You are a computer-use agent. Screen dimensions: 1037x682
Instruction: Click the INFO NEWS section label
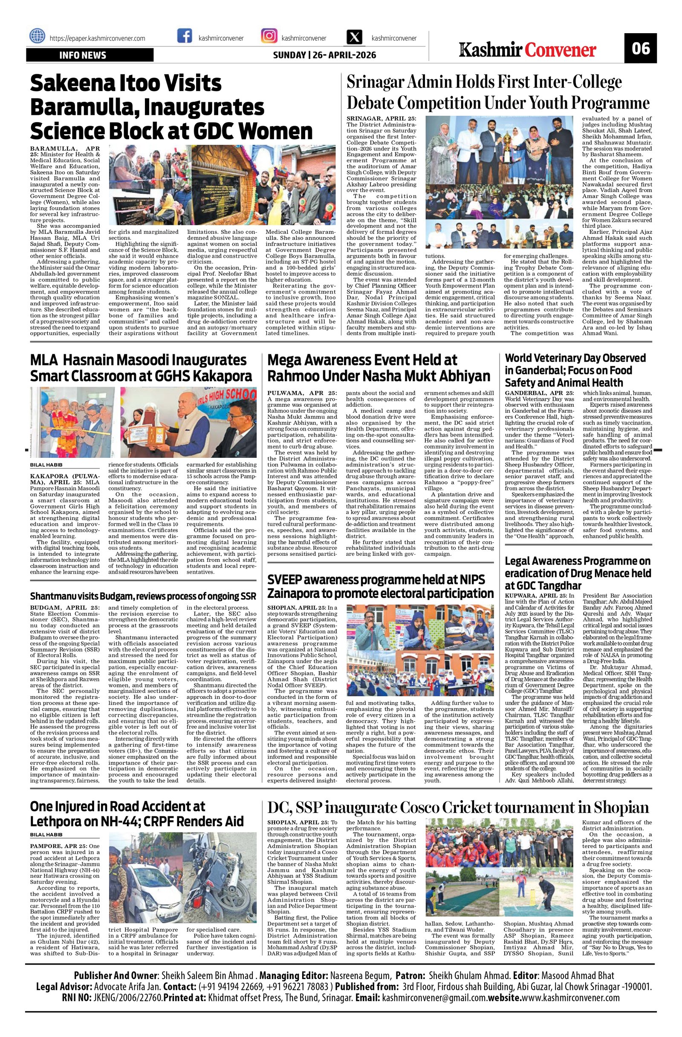90,55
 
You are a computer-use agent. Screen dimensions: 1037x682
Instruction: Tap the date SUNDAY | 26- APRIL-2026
324,55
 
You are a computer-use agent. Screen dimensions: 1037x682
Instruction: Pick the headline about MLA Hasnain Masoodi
141,368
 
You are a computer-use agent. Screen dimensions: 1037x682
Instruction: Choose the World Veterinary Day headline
575,370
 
